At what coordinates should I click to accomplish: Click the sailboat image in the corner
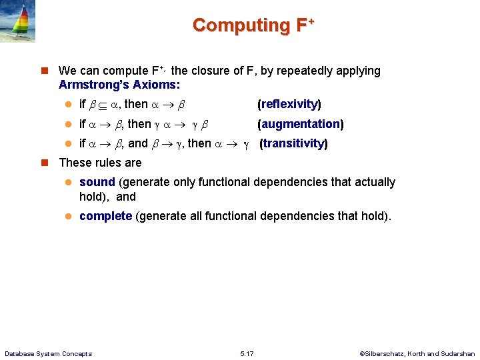click(19, 21)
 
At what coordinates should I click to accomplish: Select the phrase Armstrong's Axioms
click(119, 85)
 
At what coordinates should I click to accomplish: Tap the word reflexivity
click(289, 104)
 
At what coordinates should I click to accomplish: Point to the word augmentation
click(300, 124)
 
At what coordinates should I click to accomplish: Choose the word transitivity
click(293, 143)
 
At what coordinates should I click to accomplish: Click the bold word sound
click(97, 182)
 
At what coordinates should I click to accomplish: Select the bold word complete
click(105, 216)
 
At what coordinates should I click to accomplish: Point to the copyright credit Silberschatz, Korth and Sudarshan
click(417, 353)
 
